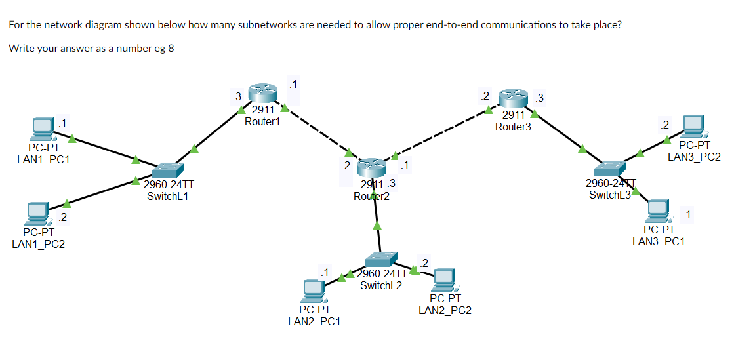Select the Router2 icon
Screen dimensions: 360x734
pos(373,168)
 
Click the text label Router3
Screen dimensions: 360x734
pos(514,127)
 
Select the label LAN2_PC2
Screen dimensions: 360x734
pos(445,310)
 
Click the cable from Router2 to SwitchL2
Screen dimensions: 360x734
pos(377,216)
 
